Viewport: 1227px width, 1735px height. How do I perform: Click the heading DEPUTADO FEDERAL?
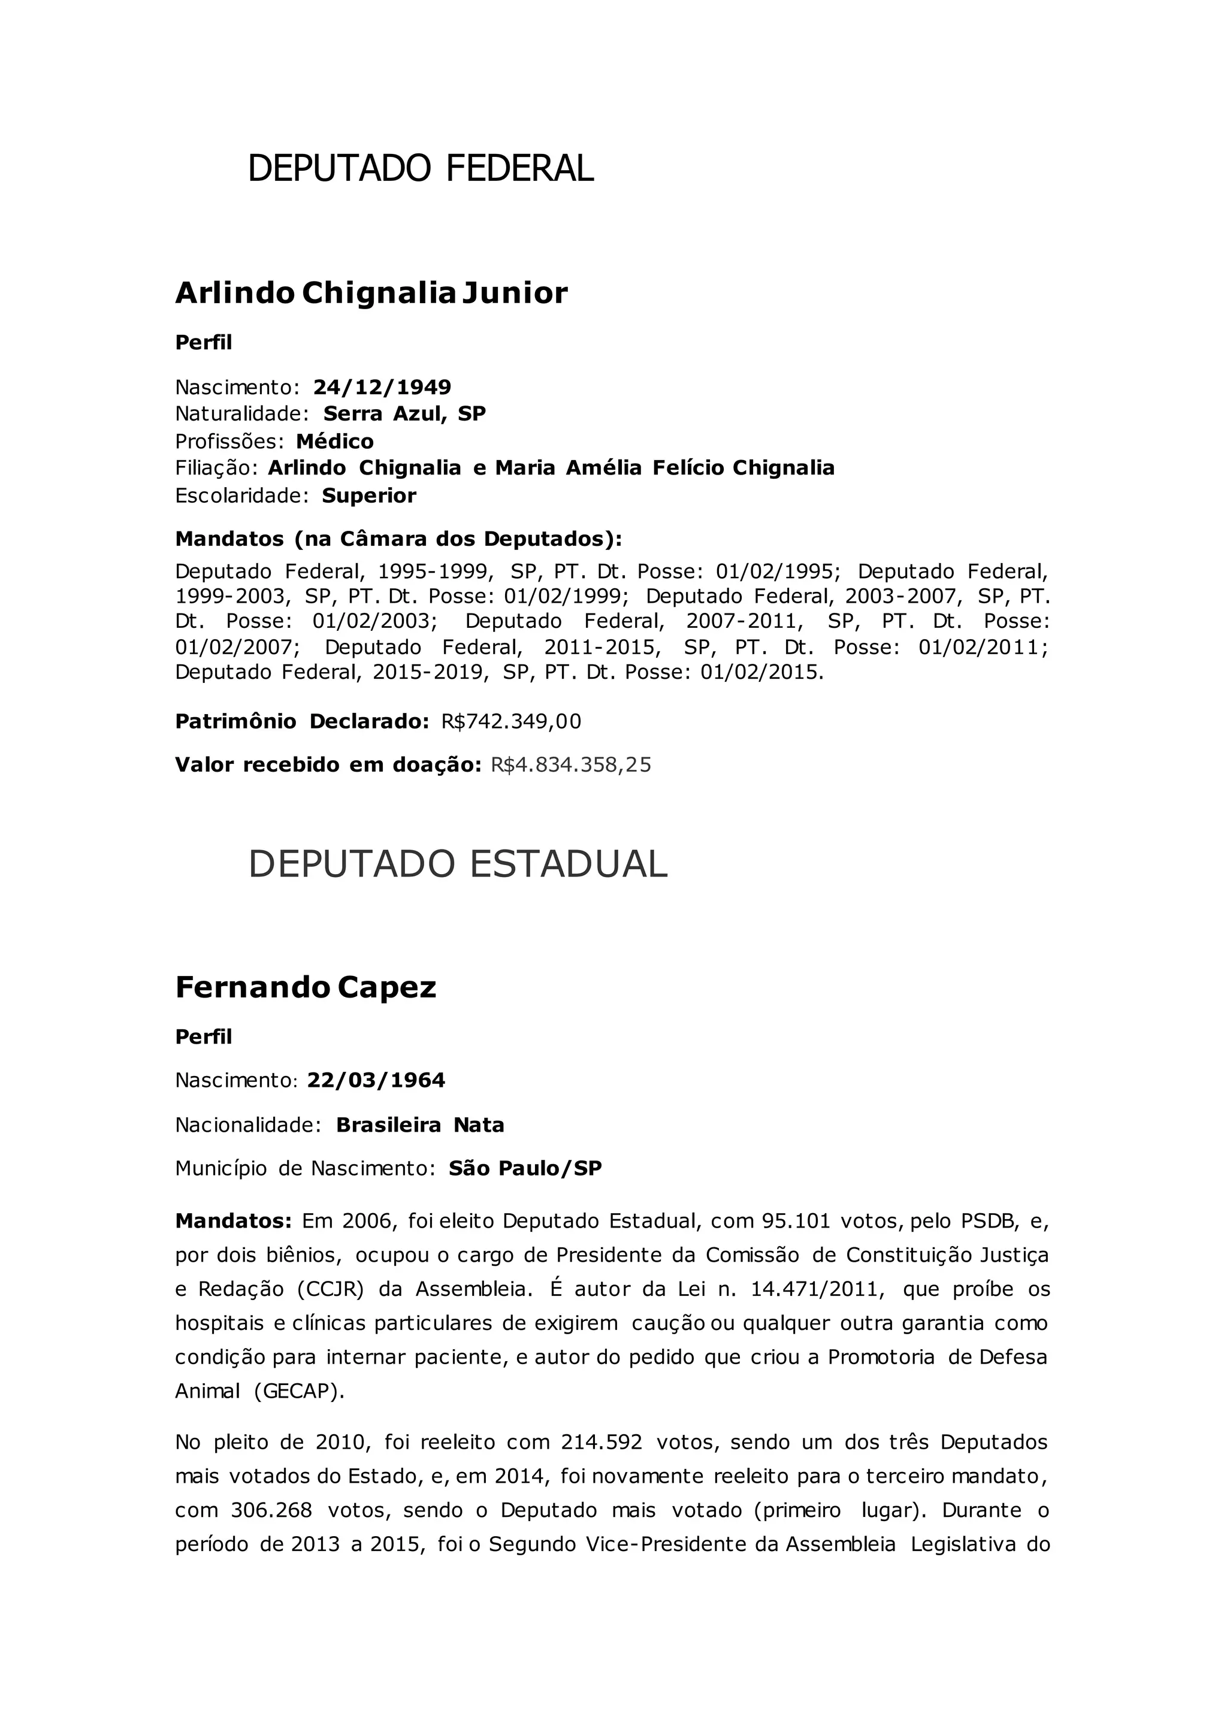(421, 168)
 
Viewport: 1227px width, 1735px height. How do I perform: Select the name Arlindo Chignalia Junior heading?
(371, 293)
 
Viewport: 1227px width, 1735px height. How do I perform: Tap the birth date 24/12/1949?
(382, 388)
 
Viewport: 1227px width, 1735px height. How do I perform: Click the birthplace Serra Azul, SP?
(404, 414)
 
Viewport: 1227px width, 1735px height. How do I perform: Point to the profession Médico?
(335, 442)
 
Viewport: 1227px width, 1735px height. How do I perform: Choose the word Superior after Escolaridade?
(368, 495)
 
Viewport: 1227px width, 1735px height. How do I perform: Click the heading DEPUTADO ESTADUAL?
(458, 864)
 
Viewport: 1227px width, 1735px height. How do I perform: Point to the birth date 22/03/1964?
(376, 1081)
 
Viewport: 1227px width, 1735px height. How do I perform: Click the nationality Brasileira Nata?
(420, 1125)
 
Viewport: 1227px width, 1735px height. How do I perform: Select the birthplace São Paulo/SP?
(525, 1169)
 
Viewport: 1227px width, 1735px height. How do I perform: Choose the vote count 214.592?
(602, 1442)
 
